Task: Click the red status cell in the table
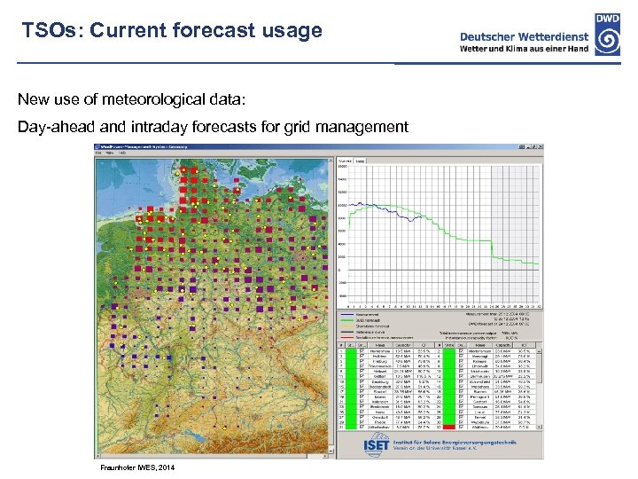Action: click(449, 426)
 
